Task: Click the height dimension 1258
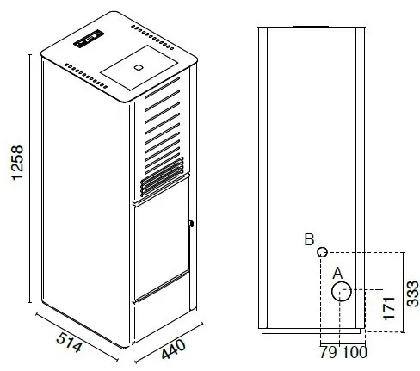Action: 17,163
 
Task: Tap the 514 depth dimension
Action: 69,342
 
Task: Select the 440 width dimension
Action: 174,349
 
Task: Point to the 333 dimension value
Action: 413,294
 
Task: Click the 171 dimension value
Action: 389,308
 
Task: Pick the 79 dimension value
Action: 329,352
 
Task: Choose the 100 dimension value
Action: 355,352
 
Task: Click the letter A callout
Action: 337,274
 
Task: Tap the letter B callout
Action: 309,239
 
